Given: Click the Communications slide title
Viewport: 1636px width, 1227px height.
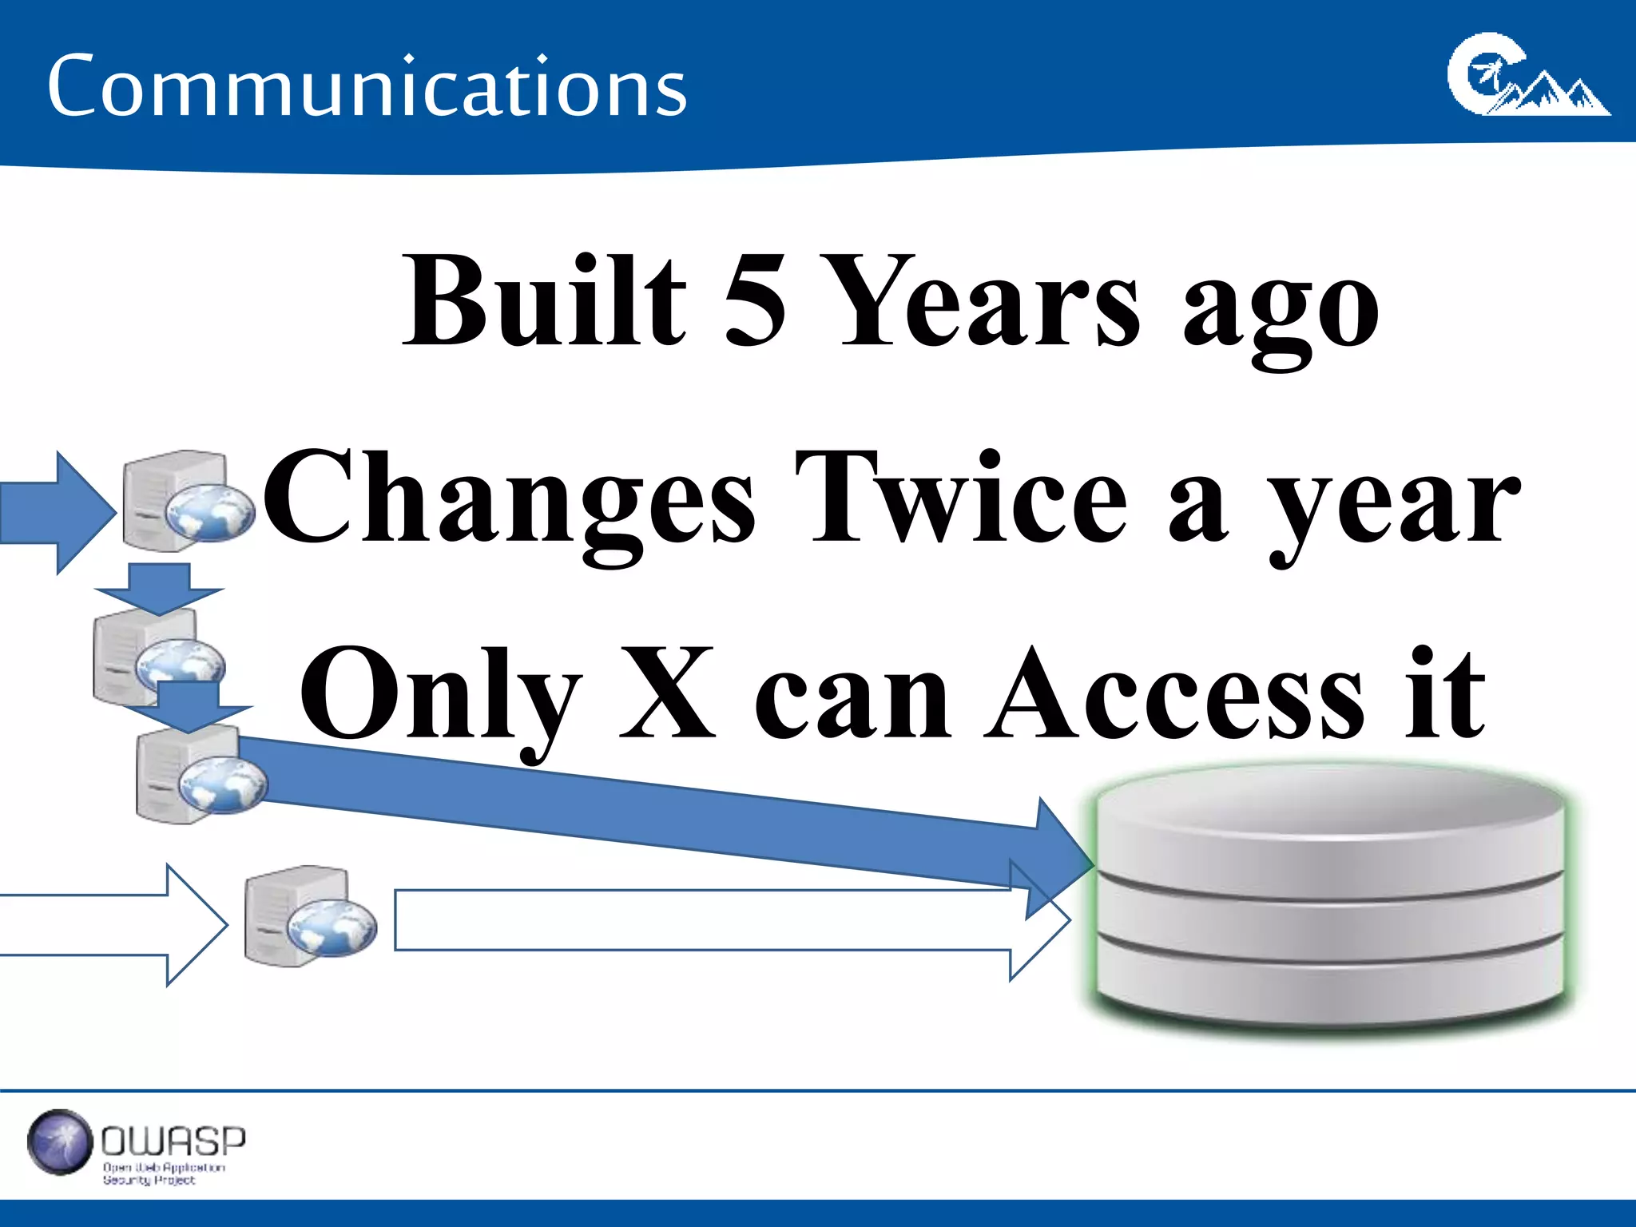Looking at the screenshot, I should coord(367,85).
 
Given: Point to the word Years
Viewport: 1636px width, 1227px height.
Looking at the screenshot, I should coord(990,302).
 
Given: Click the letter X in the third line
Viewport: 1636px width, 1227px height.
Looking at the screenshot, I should coord(667,693).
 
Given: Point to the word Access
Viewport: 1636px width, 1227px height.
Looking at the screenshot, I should coord(1174,694).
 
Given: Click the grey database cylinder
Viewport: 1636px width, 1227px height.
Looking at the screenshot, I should coord(1330,899).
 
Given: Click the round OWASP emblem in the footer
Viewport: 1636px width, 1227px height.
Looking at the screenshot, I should coord(60,1142).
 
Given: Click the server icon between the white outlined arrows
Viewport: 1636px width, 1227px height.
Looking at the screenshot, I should coord(308,917).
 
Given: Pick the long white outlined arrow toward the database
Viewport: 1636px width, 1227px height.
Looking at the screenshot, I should coord(719,920).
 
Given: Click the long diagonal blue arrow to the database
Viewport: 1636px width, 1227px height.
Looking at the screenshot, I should coord(655,811).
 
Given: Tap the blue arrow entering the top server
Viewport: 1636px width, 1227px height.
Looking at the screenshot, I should coord(56,512).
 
